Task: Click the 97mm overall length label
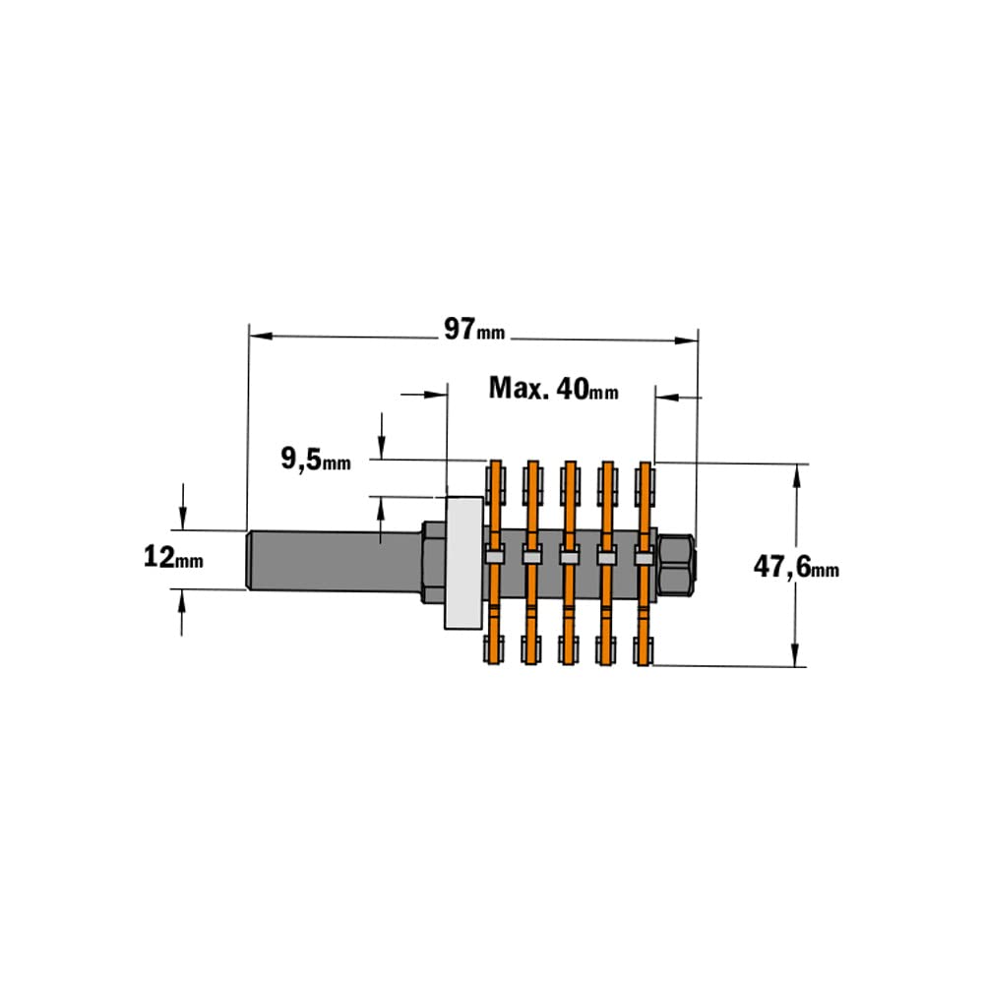pos(473,329)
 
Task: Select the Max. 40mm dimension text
pos(554,389)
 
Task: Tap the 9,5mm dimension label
pos(315,460)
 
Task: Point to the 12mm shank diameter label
pos(173,557)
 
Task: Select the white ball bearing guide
pos(463,562)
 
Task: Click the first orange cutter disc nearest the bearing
pos(495,562)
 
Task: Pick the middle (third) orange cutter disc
pos(570,562)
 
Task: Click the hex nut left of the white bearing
pos(432,562)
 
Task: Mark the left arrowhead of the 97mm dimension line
pos(259,337)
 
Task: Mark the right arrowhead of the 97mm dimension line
pos(686,341)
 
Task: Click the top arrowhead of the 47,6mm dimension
pos(796,472)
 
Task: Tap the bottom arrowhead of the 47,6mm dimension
pos(796,656)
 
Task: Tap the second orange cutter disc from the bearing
pos(532,562)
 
